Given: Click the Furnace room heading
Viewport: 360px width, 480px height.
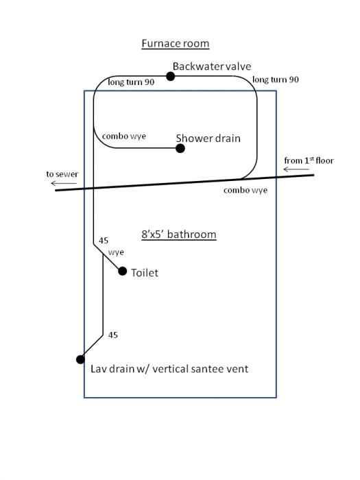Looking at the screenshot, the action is click(175, 43).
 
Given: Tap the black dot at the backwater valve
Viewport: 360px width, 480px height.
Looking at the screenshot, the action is click(171, 76).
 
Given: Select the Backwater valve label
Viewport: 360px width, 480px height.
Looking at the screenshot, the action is click(212, 66).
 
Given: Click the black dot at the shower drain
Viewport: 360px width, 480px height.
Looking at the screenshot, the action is click(180, 149).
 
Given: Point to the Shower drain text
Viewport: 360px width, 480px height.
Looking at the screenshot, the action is click(208, 139).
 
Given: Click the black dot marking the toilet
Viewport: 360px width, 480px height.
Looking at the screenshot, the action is click(123, 271).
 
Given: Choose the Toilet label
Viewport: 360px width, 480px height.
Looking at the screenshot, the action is click(145, 273).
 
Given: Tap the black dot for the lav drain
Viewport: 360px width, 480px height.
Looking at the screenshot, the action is click(80, 359).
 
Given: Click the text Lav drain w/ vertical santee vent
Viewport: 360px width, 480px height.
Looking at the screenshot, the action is click(169, 369).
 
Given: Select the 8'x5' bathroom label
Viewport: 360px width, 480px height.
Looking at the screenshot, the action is click(179, 235).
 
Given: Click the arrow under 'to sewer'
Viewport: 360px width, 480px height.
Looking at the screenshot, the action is click(64, 183).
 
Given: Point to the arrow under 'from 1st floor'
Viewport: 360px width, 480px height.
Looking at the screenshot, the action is click(296, 169).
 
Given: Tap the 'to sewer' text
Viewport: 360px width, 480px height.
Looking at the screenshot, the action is click(62, 174).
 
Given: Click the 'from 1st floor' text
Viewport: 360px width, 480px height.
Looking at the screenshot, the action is click(309, 160).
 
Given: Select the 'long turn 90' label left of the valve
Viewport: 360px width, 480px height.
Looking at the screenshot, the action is click(131, 82).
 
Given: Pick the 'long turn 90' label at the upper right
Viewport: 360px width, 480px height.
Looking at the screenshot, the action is click(276, 80).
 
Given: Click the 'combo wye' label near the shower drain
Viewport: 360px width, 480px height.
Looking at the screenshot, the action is click(124, 136).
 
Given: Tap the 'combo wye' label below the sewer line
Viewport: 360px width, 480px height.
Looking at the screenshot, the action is click(245, 190).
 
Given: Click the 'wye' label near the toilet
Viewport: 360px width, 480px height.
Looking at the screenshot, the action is click(116, 252).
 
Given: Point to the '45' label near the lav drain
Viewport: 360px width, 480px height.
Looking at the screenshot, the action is click(113, 335).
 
